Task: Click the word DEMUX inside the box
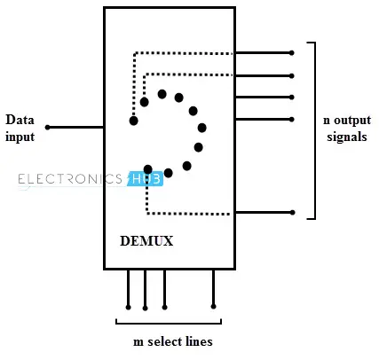click(146, 241)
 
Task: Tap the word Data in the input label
click(20, 120)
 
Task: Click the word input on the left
click(20, 137)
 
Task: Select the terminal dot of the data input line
click(48, 128)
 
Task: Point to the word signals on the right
click(347, 137)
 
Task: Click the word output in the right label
click(352, 121)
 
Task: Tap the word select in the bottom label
click(164, 341)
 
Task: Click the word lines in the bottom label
click(200, 341)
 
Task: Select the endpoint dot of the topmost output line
click(292, 53)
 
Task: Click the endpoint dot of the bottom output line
click(292, 213)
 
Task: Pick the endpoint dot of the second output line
click(292, 76)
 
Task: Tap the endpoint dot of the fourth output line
click(292, 120)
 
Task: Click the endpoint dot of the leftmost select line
click(128, 308)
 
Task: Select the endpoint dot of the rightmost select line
click(213, 307)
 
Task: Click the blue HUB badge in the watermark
click(145, 179)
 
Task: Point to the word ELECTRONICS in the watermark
click(70, 179)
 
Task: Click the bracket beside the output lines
click(315, 130)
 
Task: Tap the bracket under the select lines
click(169, 324)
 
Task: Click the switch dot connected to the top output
click(134, 121)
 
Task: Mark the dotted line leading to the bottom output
click(147, 204)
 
